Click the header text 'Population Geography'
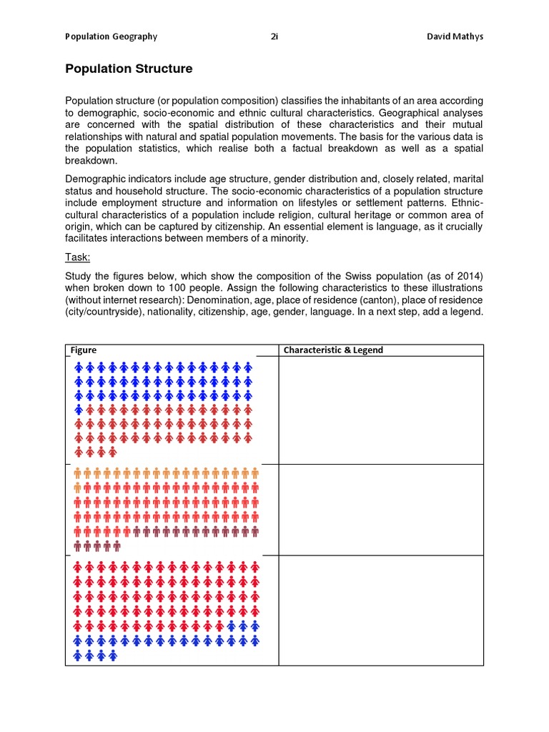[x=111, y=36]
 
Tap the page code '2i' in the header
[x=274, y=36]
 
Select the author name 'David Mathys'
[x=455, y=36]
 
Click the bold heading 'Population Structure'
[x=129, y=69]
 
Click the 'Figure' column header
[x=84, y=350]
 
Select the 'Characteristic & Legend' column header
[x=333, y=350]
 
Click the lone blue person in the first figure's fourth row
[x=79, y=410]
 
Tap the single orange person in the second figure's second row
[x=78, y=488]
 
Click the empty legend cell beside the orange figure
[x=380, y=509]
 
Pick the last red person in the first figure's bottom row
[x=112, y=452]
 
